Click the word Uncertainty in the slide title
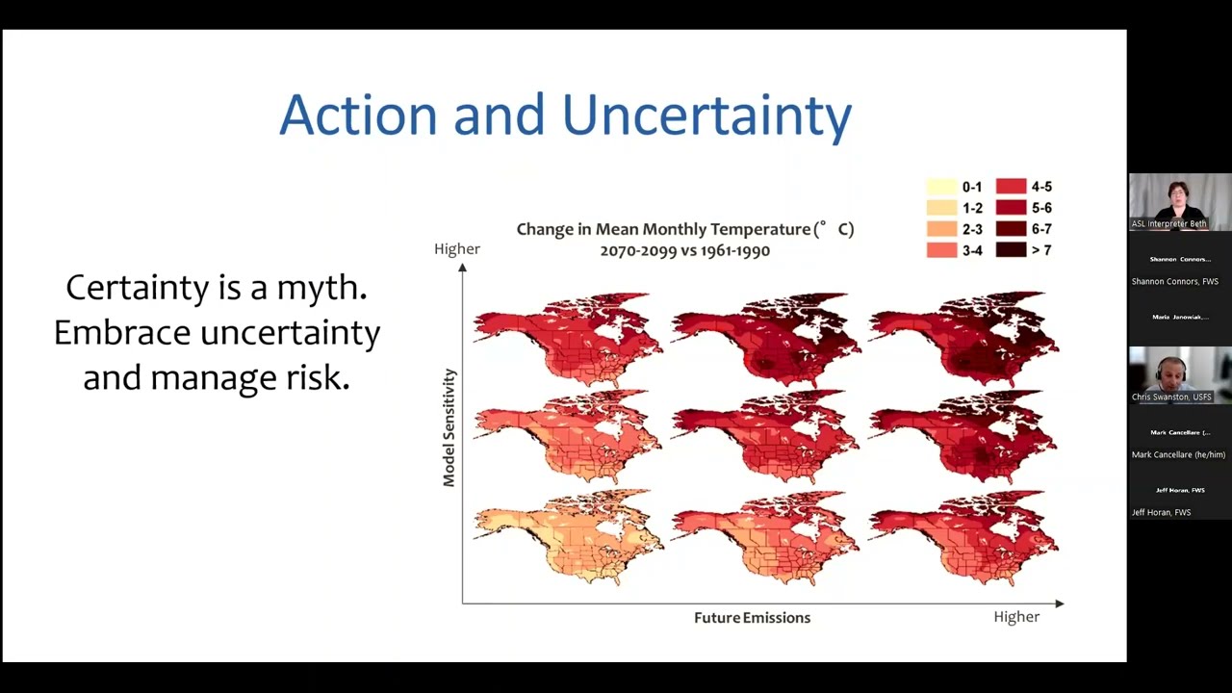click(x=706, y=115)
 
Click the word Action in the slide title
click(x=358, y=115)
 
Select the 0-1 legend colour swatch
click(x=940, y=187)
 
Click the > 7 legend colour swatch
click(x=1011, y=250)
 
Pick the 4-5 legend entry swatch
click(x=1011, y=187)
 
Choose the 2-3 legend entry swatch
click(x=940, y=229)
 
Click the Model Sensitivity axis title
click(x=449, y=426)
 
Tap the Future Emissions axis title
click(x=752, y=618)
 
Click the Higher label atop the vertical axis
click(x=456, y=249)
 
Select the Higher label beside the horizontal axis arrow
click(x=1016, y=617)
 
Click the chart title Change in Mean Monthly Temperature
click(x=684, y=229)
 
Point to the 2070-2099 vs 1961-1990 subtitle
click(x=684, y=250)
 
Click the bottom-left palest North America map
click(x=568, y=536)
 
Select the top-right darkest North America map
click(x=964, y=337)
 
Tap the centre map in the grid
click(x=765, y=436)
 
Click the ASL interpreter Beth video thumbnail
click(x=1179, y=201)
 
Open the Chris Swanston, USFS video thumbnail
click(x=1179, y=374)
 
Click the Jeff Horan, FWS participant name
click(x=1161, y=512)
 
